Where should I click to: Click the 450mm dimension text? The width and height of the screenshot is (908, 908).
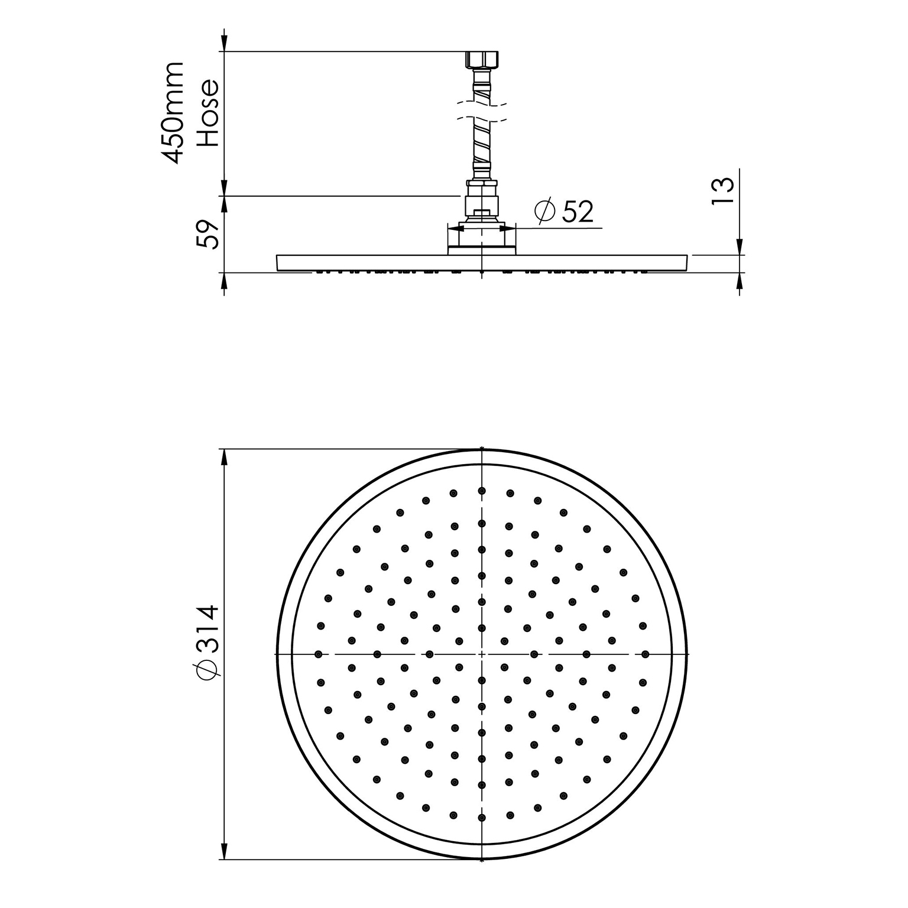pyautogui.click(x=173, y=112)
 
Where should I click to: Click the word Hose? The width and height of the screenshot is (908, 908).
pyautogui.click(x=208, y=113)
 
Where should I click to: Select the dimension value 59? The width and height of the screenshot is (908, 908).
pyautogui.click(x=208, y=234)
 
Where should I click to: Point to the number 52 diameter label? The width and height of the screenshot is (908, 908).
pyautogui.click(x=577, y=212)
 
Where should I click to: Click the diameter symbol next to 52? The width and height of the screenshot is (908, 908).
pyautogui.click(x=544, y=211)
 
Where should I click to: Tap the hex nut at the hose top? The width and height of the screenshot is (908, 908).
pyautogui.click(x=482, y=60)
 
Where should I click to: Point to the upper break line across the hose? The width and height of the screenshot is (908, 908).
pyautogui.click(x=482, y=106)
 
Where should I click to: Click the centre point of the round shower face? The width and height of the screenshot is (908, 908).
pyautogui.click(x=482, y=654)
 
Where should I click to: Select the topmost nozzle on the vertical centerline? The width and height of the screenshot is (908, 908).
pyautogui.click(x=482, y=491)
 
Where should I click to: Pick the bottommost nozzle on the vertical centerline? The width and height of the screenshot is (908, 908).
pyautogui.click(x=482, y=818)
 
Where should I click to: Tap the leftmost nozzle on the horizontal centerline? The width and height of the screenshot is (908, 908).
pyautogui.click(x=319, y=654)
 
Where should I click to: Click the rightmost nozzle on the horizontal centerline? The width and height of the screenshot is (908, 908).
pyautogui.click(x=645, y=654)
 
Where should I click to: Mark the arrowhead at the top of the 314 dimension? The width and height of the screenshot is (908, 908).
pyautogui.click(x=223, y=458)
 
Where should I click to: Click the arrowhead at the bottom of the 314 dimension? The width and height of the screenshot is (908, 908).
pyautogui.click(x=223, y=851)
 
